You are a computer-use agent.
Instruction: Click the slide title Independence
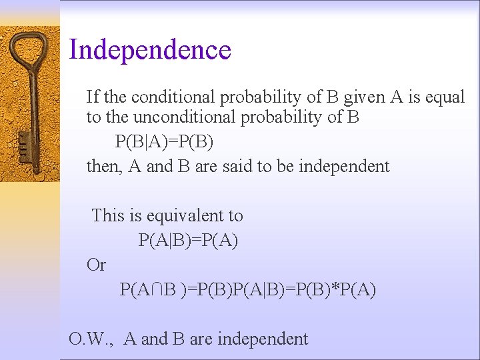pos(150,50)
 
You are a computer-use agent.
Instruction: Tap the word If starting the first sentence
pos(92,97)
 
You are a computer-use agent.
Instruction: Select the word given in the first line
pos(364,97)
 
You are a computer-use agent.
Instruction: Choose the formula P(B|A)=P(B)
pos(165,142)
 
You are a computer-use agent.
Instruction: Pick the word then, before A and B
pos(103,166)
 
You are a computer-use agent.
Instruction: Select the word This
pos(108,216)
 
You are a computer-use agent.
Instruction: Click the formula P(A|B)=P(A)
pos(188,240)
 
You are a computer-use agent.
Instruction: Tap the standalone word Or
pos(96,265)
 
